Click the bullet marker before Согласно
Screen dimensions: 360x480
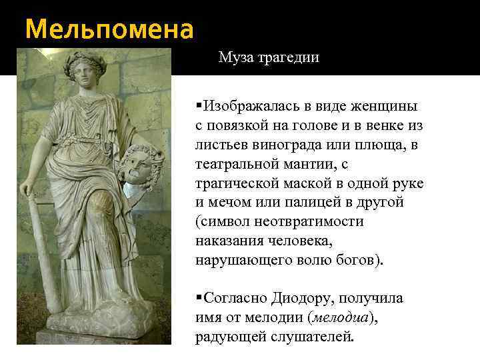pyautogui.click(x=199, y=298)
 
